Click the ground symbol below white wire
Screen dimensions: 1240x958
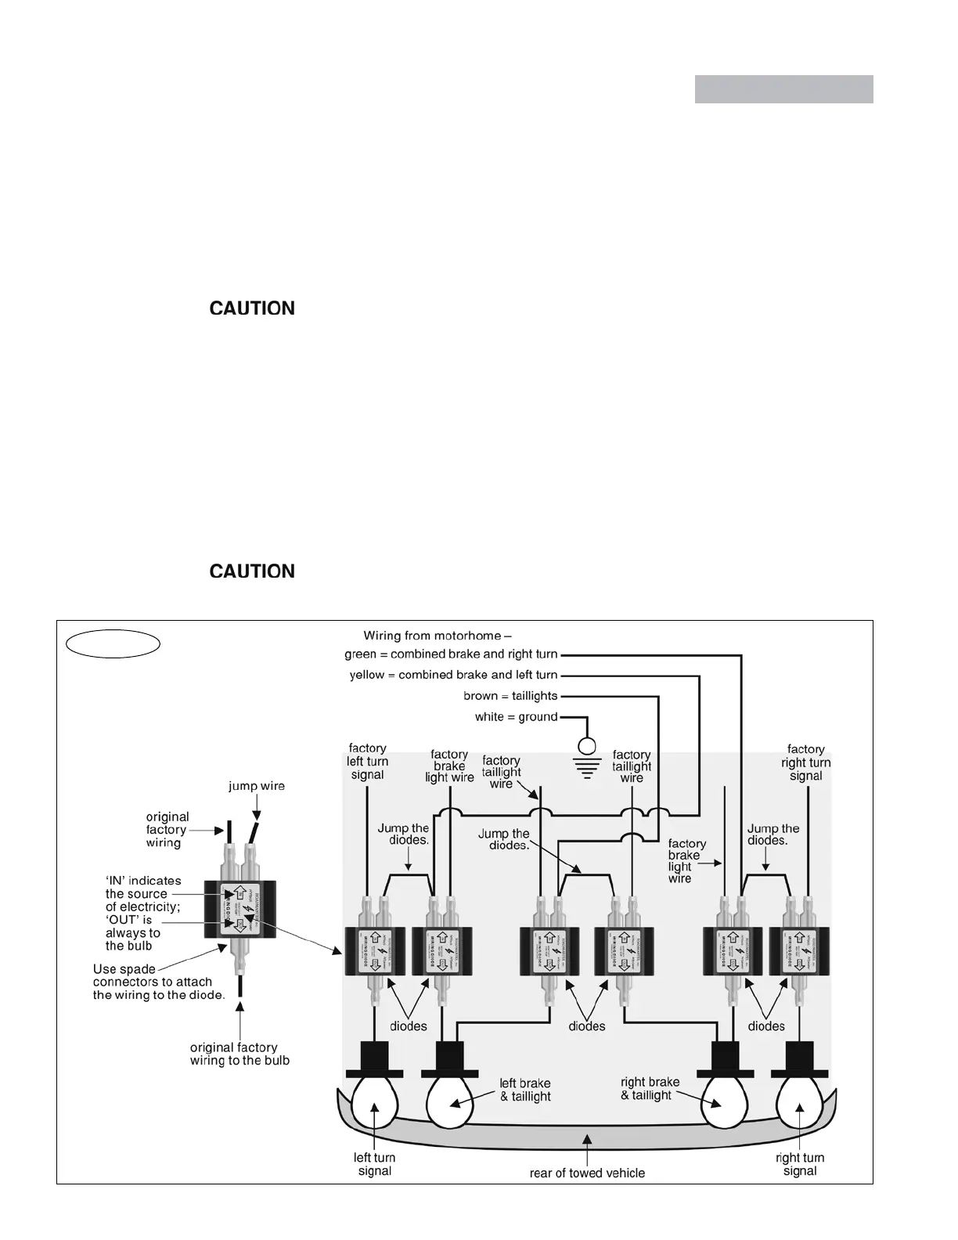point(587,756)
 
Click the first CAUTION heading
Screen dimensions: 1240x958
point(252,308)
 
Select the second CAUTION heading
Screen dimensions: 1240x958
point(252,571)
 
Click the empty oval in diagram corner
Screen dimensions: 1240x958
point(113,644)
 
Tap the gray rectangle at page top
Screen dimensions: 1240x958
point(783,89)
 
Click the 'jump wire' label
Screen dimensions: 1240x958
point(257,786)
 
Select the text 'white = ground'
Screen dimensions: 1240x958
point(516,717)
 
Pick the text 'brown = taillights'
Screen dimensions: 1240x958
point(510,696)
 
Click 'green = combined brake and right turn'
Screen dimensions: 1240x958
point(451,654)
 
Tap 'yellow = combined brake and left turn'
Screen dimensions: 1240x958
point(453,675)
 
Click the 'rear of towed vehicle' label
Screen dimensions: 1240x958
point(587,1173)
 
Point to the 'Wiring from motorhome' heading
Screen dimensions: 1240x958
point(437,636)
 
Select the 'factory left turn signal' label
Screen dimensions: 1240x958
point(367,762)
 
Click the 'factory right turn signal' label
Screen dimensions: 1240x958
point(805,762)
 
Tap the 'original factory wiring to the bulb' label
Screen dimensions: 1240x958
point(239,1054)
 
